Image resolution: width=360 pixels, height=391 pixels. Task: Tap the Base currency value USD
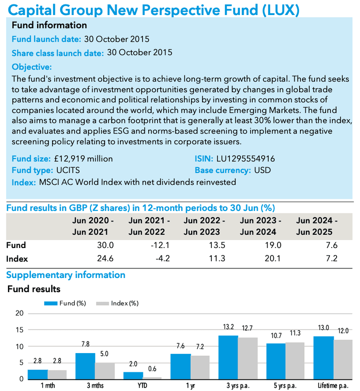point(262,170)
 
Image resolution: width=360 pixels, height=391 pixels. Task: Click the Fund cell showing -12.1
point(160,245)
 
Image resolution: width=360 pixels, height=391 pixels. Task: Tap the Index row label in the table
point(17,259)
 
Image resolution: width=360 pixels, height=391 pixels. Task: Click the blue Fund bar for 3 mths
point(86,366)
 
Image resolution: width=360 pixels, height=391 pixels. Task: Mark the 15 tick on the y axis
point(19,330)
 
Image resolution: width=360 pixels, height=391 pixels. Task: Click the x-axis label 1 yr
point(190,386)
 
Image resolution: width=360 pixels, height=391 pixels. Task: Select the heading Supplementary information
point(66,275)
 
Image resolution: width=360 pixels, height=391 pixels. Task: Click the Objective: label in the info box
point(32,67)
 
